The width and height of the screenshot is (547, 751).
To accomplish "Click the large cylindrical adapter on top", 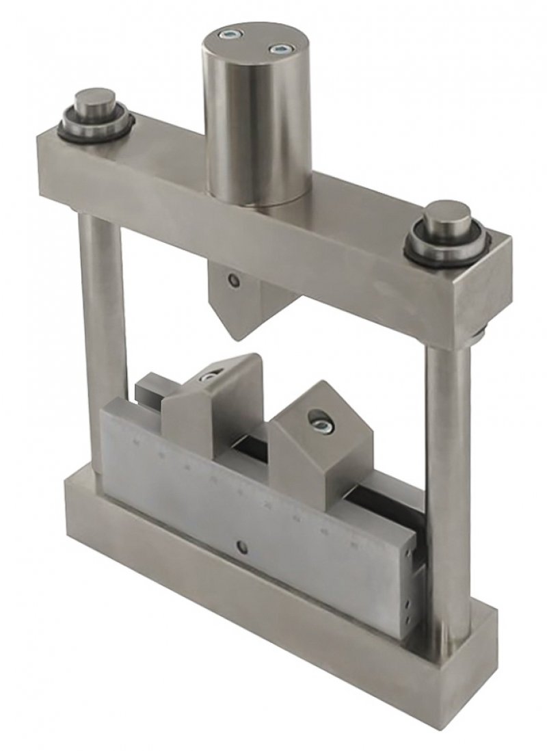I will pos(255,116).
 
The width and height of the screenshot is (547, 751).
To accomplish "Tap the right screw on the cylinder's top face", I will pos(279,49).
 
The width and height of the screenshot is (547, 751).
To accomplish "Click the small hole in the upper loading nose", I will pos(235,280).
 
